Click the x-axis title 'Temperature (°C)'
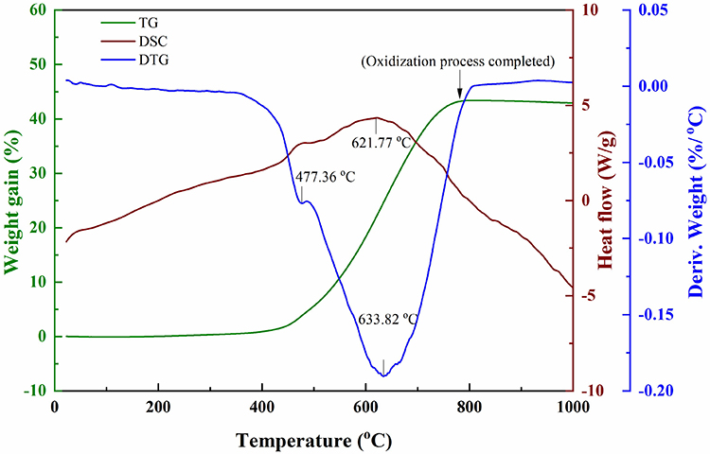pyautogui.click(x=313, y=440)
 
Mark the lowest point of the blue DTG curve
pyautogui.click(x=384, y=375)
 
